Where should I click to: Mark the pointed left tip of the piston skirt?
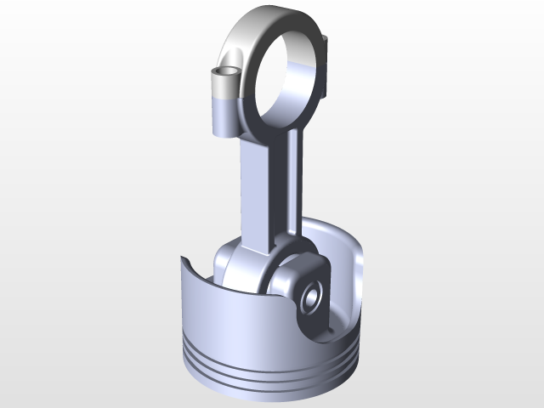pos(182,257)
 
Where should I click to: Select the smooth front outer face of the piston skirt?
pos(229,314)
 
